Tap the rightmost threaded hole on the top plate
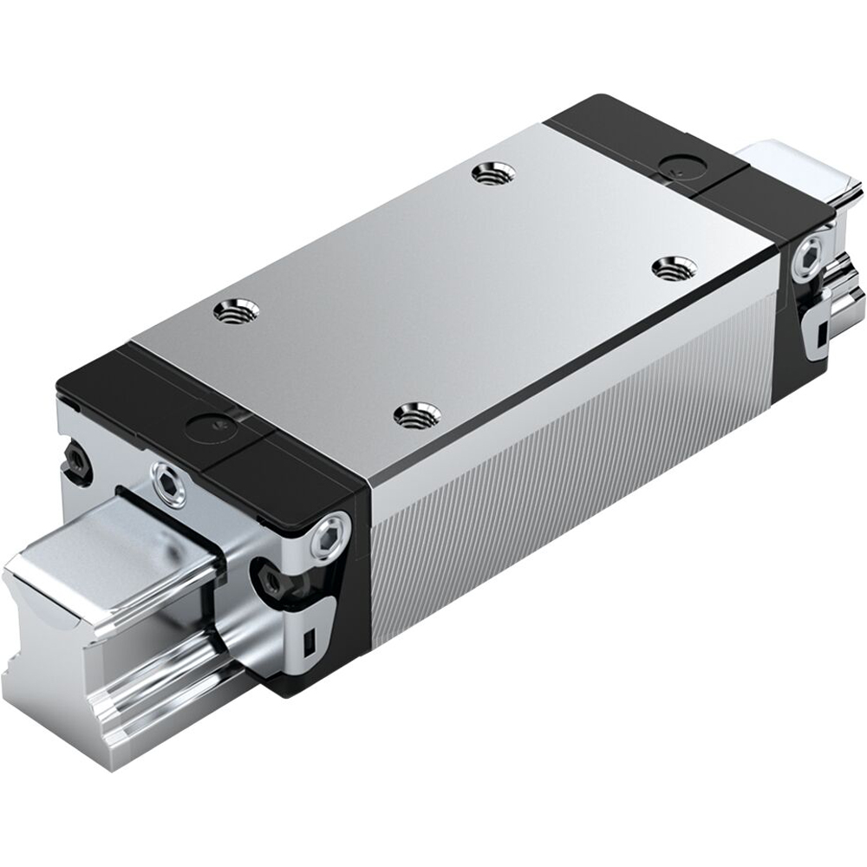(x=668, y=270)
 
